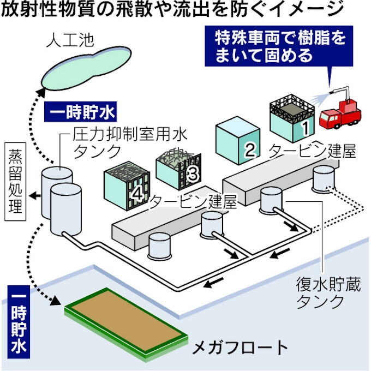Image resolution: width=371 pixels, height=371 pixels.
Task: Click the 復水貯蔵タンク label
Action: coord(320,292)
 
